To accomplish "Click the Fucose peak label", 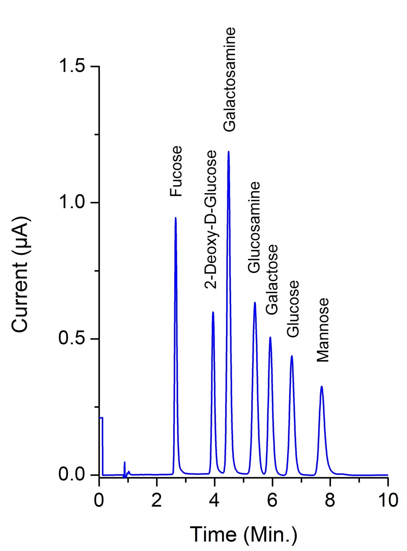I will click(x=176, y=171).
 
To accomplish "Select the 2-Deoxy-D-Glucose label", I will click(x=211, y=220).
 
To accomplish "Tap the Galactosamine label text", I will click(x=229, y=79).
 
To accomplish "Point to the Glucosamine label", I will click(x=254, y=227).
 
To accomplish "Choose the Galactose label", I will click(x=272, y=279).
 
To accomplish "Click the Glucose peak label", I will click(x=293, y=309).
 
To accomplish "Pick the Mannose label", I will click(x=323, y=330).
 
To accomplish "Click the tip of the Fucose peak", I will click(x=176, y=218).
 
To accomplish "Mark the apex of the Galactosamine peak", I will click(x=228, y=151).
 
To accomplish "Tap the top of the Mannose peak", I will click(x=321, y=386).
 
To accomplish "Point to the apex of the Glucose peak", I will click(x=292, y=356).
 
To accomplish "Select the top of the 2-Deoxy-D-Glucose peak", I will click(x=213, y=312).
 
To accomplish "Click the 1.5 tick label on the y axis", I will click(x=72, y=66).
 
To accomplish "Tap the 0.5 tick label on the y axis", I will click(x=72, y=339).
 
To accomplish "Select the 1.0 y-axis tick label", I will click(x=72, y=203).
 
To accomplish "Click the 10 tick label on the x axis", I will click(x=388, y=501).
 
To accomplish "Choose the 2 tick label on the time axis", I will click(x=157, y=501).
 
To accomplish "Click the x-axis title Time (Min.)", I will click(x=243, y=534).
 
